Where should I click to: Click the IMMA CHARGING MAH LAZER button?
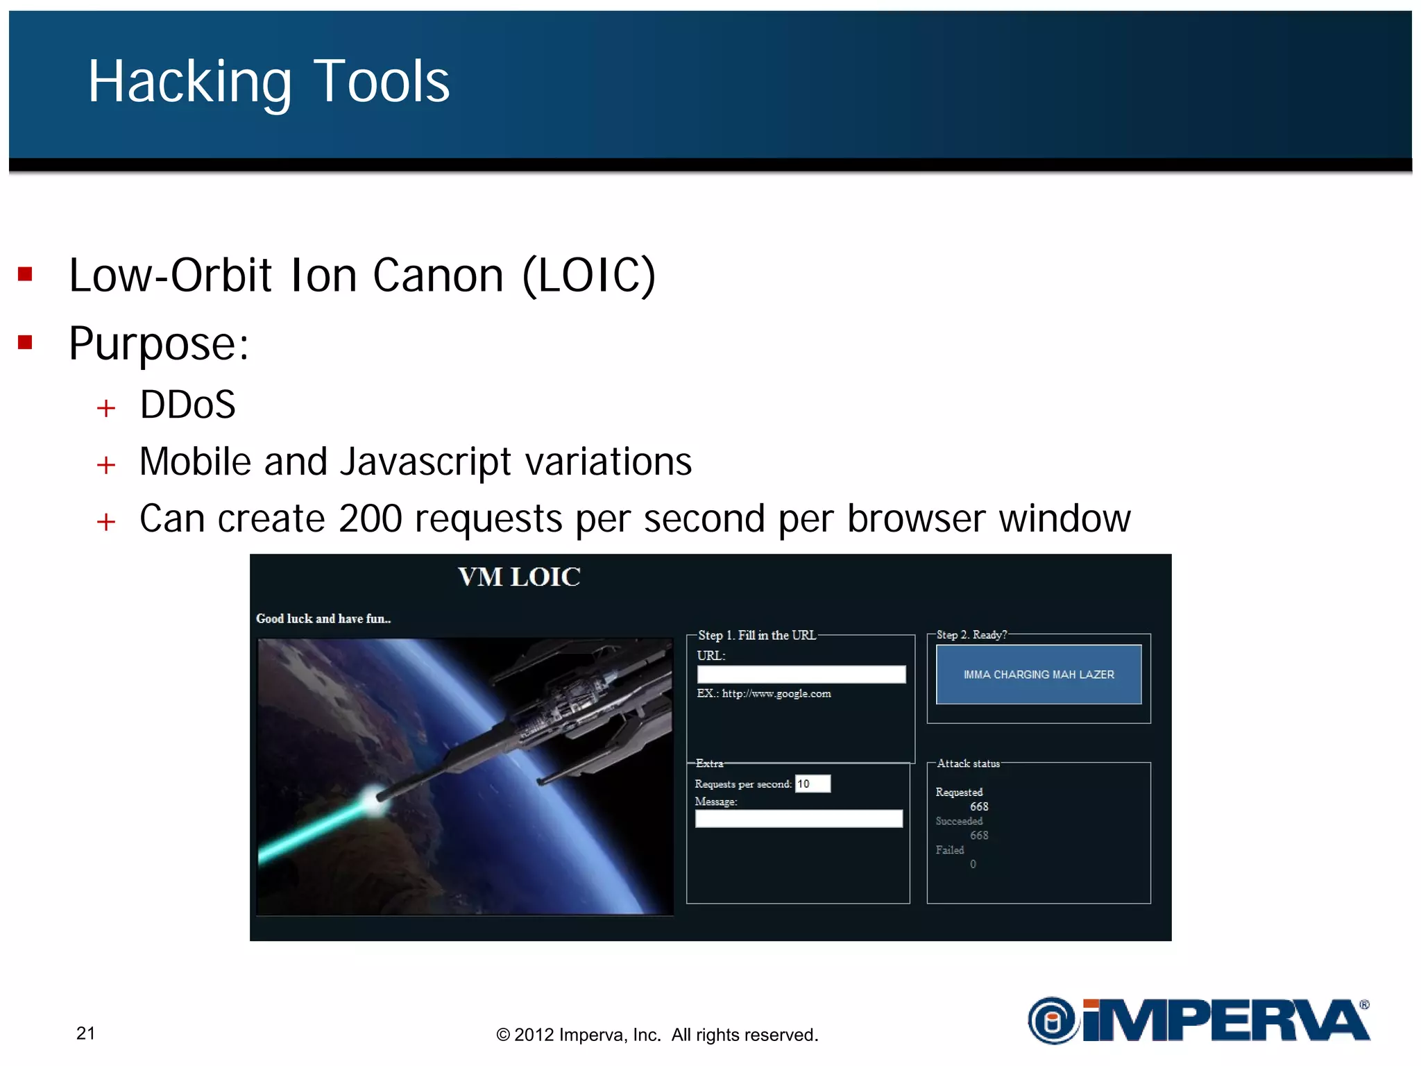pyautogui.click(x=1038, y=675)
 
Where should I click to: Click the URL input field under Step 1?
pyautogui.click(x=801, y=674)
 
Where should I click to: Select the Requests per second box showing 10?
pyautogui.click(x=812, y=784)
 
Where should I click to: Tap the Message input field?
pyautogui.click(x=799, y=819)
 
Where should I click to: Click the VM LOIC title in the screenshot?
pyautogui.click(x=519, y=577)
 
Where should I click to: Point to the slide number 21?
pyautogui.click(x=85, y=1033)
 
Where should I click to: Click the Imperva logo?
pyautogui.click(x=1198, y=1020)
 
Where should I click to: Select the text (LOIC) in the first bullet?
pyautogui.click(x=588, y=276)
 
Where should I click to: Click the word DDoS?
pyautogui.click(x=187, y=405)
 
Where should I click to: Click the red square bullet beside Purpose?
pyautogui.click(x=26, y=342)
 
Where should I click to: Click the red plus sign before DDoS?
pyautogui.click(x=106, y=408)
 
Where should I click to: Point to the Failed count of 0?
pyautogui.click(x=973, y=864)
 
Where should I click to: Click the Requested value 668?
pyautogui.click(x=979, y=806)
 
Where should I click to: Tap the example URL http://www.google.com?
pyautogui.click(x=776, y=693)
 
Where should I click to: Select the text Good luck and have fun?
pyautogui.click(x=323, y=618)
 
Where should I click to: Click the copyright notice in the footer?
pyautogui.click(x=657, y=1035)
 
